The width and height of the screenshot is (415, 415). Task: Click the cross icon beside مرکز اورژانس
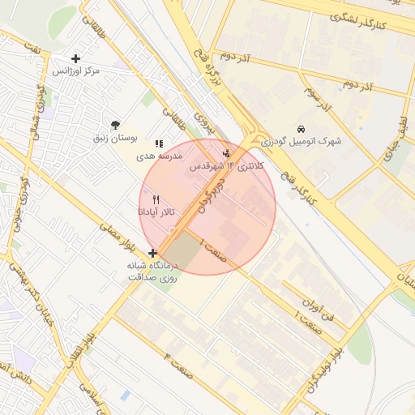(76, 58)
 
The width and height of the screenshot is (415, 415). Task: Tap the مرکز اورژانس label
(76, 71)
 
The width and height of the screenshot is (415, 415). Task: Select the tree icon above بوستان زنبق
(116, 125)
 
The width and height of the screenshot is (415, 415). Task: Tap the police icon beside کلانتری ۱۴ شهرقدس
(227, 152)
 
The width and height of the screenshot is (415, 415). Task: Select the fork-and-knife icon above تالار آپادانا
(156, 199)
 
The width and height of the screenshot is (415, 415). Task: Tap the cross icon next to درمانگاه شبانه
(153, 253)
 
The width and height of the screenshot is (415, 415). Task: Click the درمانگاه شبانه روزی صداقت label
(153, 272)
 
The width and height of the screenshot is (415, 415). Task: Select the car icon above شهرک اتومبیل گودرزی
(301, 128)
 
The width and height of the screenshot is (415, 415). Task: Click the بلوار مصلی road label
(115, 233)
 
